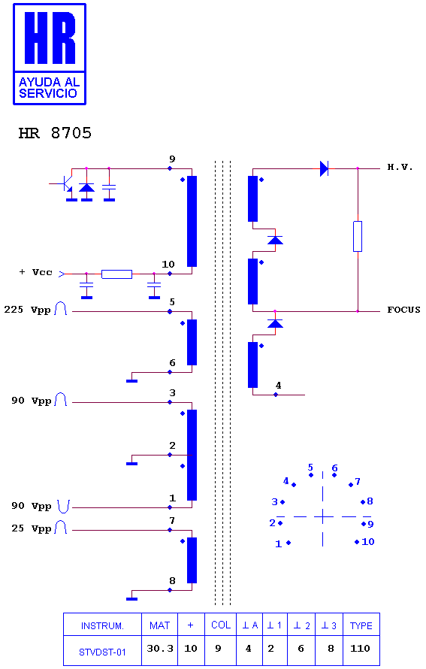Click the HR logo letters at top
tap(50, 38)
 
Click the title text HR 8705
tap(55, 133)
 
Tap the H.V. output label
tap(400, 167)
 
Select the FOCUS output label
tap(403, 310)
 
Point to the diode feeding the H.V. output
tap(324, 168)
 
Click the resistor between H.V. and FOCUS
tap(358, 236)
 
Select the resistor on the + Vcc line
tap(117, 274)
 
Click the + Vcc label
tap(36, 272)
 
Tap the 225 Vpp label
tap(27, 310)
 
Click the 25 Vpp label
tap(31, 528)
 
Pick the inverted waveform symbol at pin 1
tap(64, 507)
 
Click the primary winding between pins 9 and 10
tap(192, 222)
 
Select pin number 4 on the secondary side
tap(278, 386)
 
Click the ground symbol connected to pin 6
tap(131, 380)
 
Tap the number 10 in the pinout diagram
tap(368, 542)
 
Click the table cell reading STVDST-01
tap(102, 652)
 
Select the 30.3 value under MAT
tap(160, 649)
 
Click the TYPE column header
tap(361, 625)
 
